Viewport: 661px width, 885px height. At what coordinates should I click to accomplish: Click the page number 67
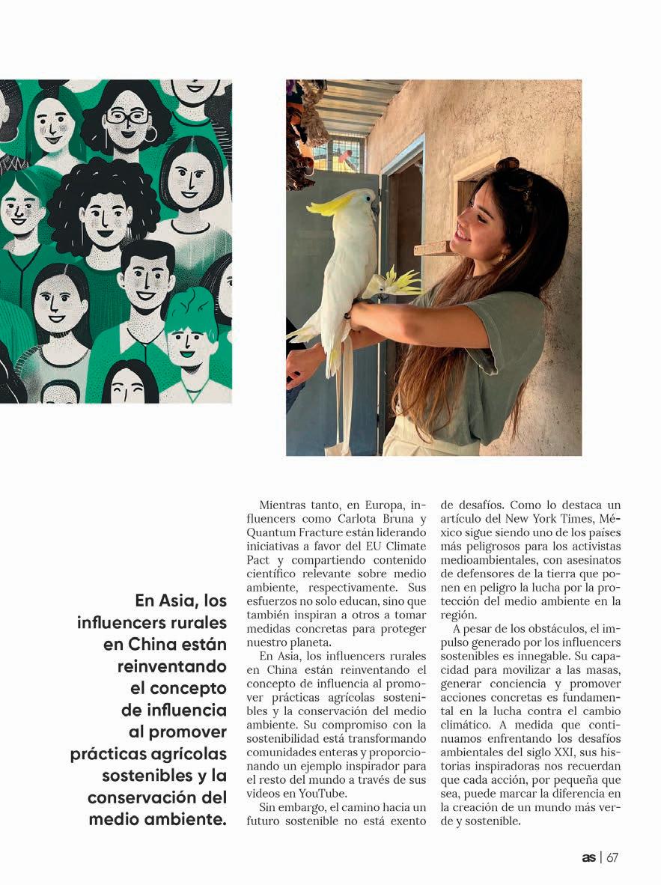612,857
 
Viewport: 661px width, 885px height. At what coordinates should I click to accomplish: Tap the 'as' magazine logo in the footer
589,857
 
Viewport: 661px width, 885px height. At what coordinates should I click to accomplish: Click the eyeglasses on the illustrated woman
127,118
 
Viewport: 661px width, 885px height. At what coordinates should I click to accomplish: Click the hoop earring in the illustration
150,134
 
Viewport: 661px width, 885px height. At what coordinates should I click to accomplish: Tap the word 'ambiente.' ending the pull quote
189,819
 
